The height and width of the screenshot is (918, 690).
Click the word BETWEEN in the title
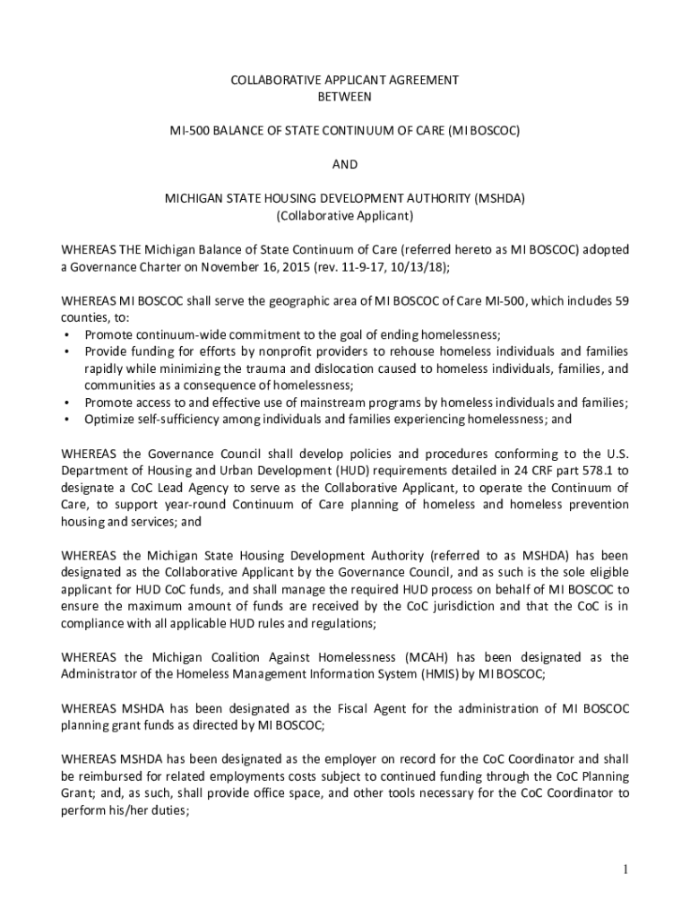coord(345,96)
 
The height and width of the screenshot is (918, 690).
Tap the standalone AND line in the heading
coord(345,164)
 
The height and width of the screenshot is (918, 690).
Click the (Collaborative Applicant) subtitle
coord(345,216)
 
